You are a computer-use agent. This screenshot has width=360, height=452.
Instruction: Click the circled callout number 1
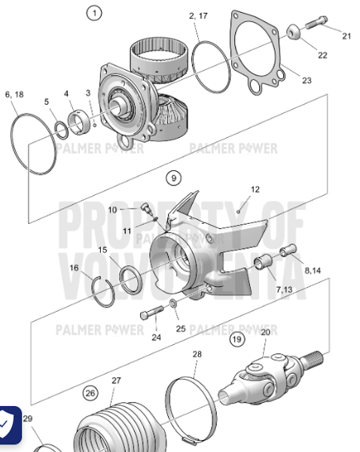[93, 13]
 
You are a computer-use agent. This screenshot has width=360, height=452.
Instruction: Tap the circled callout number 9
[174, 179]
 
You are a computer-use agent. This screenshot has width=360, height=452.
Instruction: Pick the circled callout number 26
[90, 392]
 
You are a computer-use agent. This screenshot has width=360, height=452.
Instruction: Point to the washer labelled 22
[292, 32]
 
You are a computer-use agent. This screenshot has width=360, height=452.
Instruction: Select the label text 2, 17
[199, 15]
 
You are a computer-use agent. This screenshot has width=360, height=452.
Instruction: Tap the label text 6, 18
[14, 94]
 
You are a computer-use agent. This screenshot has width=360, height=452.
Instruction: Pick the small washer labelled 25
[175, 303]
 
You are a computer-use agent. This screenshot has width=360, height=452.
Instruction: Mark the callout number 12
[255, 190]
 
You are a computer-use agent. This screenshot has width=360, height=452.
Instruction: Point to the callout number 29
[27, 419]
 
